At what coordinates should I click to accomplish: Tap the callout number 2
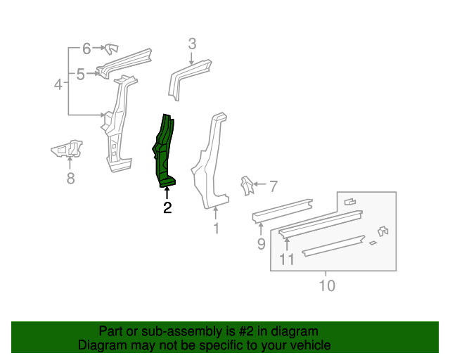click(167, 207)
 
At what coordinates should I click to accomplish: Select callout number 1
click(216, 228)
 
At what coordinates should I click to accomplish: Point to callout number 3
click(192, 44)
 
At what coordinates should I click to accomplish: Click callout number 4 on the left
click(59, 85)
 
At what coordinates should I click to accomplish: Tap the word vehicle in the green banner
click(308, 345)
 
